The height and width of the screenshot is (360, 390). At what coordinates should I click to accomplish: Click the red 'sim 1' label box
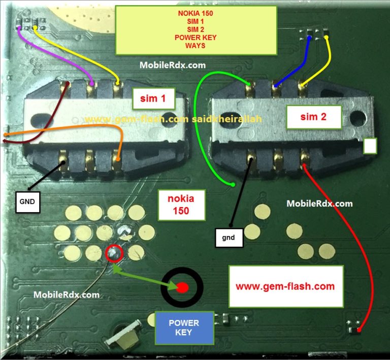[153, 99]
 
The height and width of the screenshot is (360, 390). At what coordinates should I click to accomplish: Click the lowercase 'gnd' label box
[229, 238]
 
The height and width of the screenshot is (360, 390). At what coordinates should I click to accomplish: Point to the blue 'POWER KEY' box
[184, 328]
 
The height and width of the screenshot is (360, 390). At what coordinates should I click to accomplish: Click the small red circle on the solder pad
[114, 252]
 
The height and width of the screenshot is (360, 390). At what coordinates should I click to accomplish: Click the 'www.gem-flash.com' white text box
[285, 286]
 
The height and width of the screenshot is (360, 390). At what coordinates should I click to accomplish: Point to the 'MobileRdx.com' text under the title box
[172, 64]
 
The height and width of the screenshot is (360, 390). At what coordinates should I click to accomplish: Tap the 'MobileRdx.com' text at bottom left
[67, 294]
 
